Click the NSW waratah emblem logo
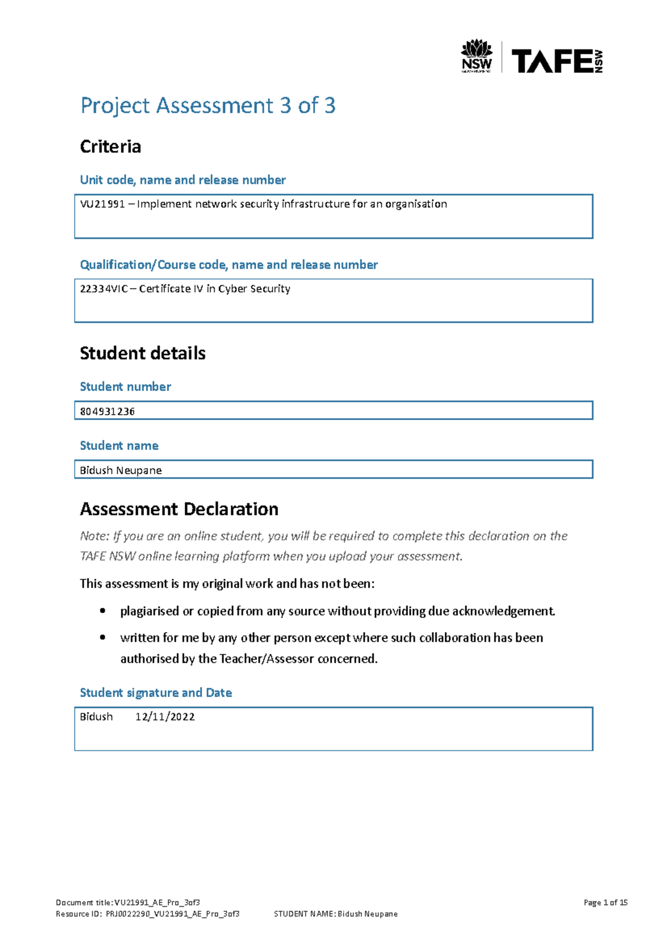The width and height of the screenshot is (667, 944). coord(477,56)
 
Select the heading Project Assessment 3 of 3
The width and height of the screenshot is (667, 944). coord(208,106)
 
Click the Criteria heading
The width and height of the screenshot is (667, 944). coord(111,147)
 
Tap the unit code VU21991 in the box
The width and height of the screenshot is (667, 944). coord(102,204)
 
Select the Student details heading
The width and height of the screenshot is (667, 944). coord(143,354)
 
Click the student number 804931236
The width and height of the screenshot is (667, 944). coord(107,411)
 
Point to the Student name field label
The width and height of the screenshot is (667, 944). coord(119,446)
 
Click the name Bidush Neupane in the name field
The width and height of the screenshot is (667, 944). coord(121,470)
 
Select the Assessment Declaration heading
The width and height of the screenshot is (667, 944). coord(179,509)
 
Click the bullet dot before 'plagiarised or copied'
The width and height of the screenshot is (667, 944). coord(103,611)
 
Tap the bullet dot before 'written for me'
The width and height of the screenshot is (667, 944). coord(103,638)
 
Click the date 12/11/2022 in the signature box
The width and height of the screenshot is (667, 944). coord(165,717)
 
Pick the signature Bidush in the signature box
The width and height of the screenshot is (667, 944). coord(96,717)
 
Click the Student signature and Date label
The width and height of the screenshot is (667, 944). coord(156,693)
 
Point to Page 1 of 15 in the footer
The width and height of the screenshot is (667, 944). coord(605,902)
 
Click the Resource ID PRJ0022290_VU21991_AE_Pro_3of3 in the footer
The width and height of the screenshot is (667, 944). coord(172,913)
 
